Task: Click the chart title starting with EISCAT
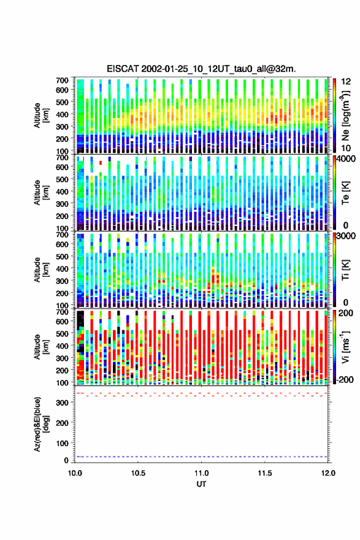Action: coord(201,69)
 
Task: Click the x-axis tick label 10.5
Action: coord(138,473)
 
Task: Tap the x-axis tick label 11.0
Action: coord(201,473)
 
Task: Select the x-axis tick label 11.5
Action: coord(265,473)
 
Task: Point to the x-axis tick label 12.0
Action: coord(328,473)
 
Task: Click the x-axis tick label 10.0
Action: coord(75,473)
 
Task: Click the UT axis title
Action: coord(201,484)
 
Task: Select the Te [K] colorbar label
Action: coord(345,193)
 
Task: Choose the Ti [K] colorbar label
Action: coord(345,269)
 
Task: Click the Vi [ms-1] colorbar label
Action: coord(345,347)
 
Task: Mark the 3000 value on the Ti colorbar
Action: coord(344,236)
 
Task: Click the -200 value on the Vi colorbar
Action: coord(343,380)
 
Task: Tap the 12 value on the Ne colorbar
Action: coord(346,82)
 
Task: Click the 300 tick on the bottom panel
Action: coord(63,403)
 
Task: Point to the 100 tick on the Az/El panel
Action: coord(63,443)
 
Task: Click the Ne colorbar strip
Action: coord(334,115)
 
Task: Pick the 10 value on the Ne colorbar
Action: coord(346,148)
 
